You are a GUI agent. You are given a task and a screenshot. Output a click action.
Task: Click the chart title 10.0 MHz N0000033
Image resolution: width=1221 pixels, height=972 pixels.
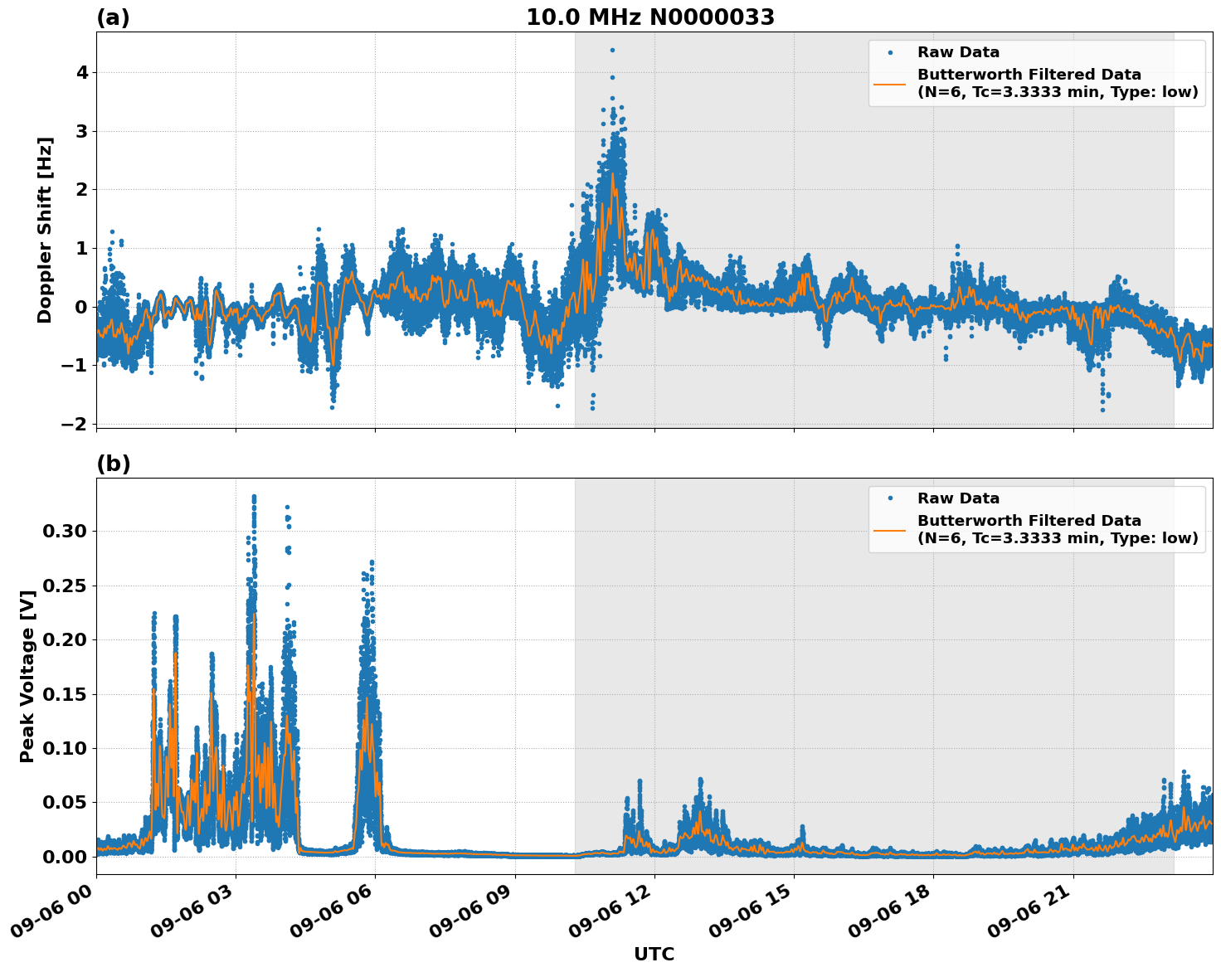tap(650, 17)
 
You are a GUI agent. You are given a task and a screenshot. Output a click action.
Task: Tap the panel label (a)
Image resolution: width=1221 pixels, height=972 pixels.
tap(113, 17)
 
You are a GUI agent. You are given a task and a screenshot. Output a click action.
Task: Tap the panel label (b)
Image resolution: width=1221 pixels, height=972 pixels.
tap(113, 464)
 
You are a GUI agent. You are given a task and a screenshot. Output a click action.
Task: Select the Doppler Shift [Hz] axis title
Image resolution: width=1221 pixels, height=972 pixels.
tap(45, 230)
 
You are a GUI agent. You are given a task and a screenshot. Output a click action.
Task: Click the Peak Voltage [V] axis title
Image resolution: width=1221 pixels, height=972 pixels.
tap(27, 676)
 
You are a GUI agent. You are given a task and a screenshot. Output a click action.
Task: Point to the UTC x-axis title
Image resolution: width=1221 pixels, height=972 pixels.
tap(654, 954)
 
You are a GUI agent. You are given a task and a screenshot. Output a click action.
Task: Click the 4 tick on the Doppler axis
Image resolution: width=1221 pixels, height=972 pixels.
tap(82, 73)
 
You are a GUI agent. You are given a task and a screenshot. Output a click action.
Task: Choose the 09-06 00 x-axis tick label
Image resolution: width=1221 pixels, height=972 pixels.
tap(53, 917)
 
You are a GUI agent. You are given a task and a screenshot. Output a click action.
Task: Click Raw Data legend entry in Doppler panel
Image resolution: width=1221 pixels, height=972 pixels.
tap(958, 52)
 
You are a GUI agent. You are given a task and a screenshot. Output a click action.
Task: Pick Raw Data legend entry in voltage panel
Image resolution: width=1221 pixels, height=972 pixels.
tap(958, 498)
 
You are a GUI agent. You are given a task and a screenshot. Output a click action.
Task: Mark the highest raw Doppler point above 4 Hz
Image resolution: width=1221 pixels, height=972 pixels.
tap(612, 50)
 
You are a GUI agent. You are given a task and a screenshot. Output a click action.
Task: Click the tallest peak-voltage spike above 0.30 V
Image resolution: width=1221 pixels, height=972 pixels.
tap(254, 497)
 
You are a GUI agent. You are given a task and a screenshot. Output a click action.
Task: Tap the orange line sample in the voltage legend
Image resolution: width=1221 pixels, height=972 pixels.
tap(889, 529)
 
